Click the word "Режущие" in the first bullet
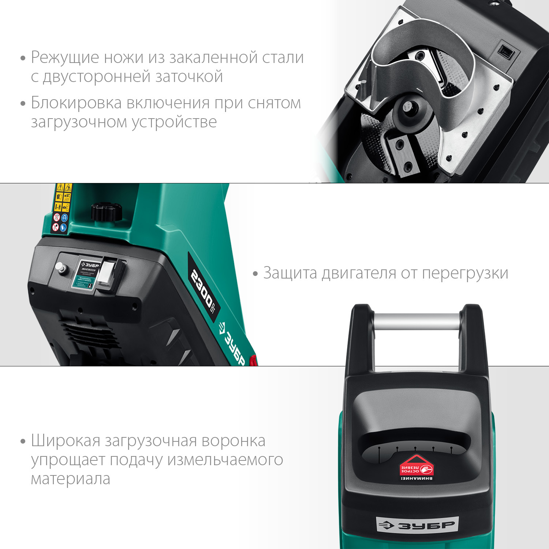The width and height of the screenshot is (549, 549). pos(65,58)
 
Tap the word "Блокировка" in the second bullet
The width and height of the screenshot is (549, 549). pos(76,103)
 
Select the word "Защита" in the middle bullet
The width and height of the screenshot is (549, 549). pos(290,273)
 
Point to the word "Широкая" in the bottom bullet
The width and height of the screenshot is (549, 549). pos(66,441)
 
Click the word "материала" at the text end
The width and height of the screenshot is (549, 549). pos(70,479)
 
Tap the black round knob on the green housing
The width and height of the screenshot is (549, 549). pos(106,212)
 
